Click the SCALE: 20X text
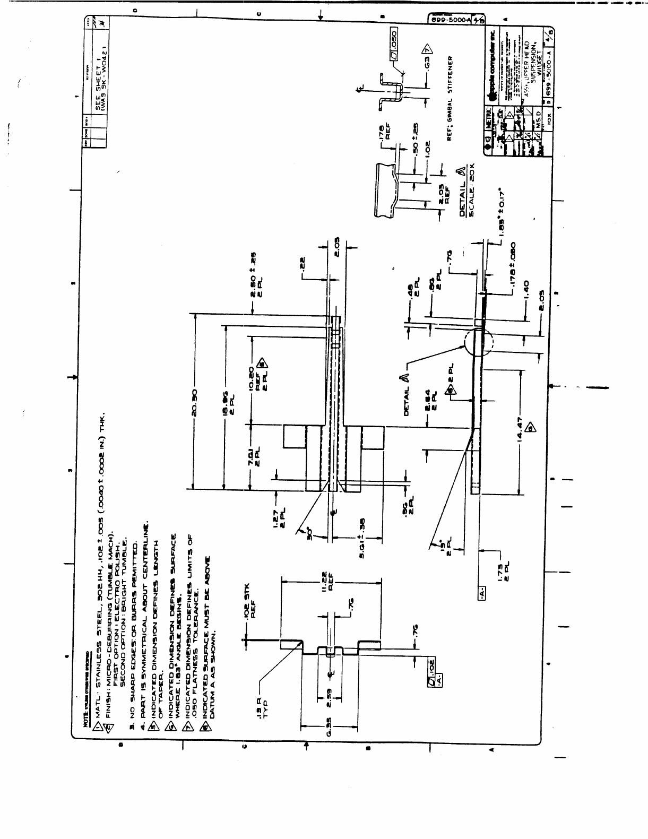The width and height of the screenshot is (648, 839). click(473, 192)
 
